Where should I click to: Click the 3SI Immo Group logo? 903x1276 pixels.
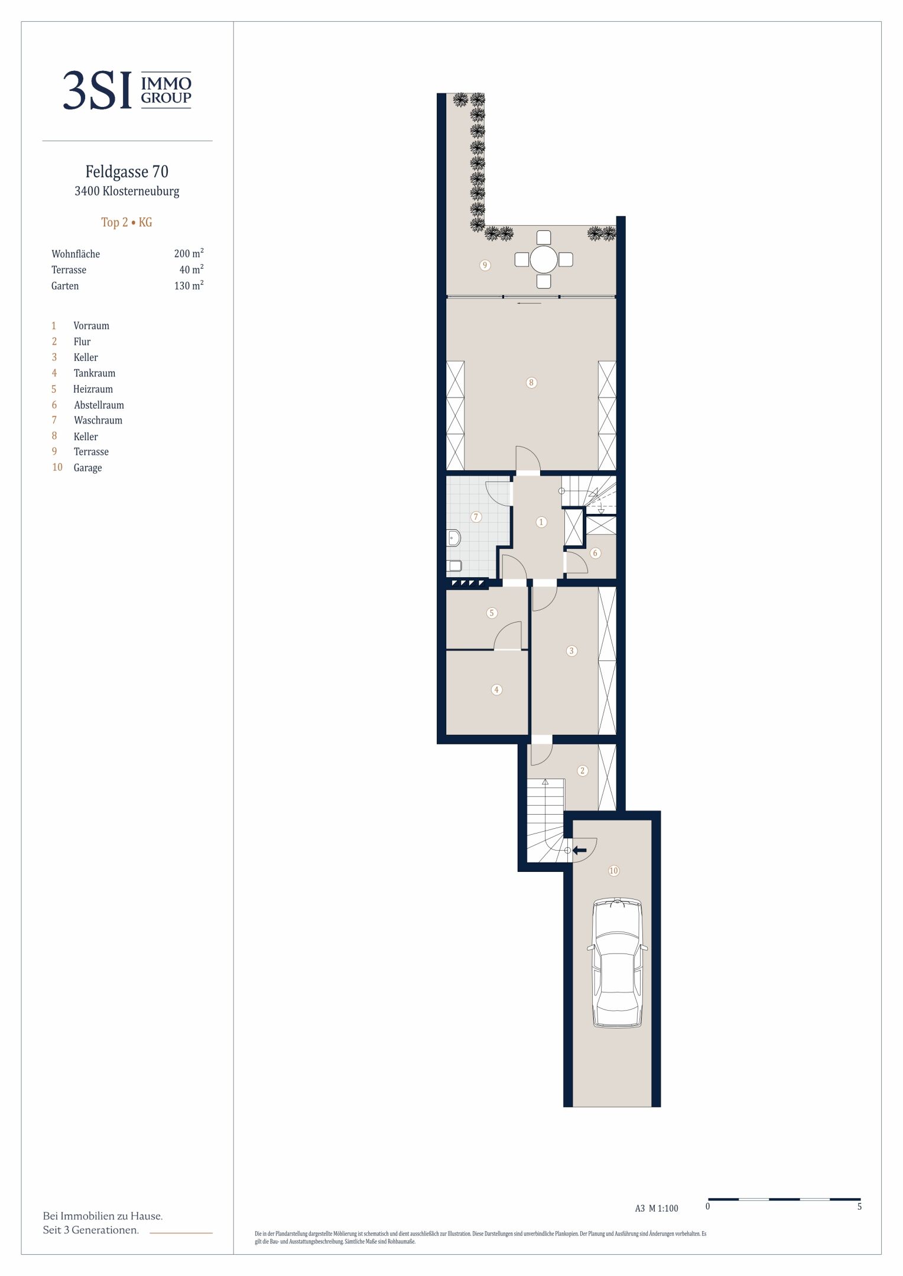click(x=127, y=90)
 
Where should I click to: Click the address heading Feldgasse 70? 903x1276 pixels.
click(x=127, y=172)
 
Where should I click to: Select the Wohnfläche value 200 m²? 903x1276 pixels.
click(x=189, y=253)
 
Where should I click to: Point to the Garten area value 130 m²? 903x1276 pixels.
click(x=189, y=285)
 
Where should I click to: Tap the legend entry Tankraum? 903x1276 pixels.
click(x=95, y=373)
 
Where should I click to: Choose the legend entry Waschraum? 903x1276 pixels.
click(x=98, y=421)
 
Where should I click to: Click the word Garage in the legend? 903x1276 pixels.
click(x=87, y=468)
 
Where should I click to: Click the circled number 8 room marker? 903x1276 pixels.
click(x=531, y=383)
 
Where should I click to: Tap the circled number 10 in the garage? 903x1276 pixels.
click(x=613, y=871)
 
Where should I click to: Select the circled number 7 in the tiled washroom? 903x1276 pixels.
click(x=476, y=517)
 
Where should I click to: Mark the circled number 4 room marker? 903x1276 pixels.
click(x=496, y=689)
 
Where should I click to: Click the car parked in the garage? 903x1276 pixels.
click(x=617, y=963)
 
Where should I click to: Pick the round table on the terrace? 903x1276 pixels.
click(x=544, y=259)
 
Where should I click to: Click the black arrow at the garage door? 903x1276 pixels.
click(x=579, y=850)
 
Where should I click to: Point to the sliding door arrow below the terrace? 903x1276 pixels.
click(x=529, y=304)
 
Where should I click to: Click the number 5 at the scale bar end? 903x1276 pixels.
click(x=859, y=1207)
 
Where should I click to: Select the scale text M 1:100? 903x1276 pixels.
click(x=664, y=1209)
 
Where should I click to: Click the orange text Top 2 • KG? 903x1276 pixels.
click(x=126, y=222)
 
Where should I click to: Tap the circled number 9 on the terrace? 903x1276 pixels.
click(x=485, y=265)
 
